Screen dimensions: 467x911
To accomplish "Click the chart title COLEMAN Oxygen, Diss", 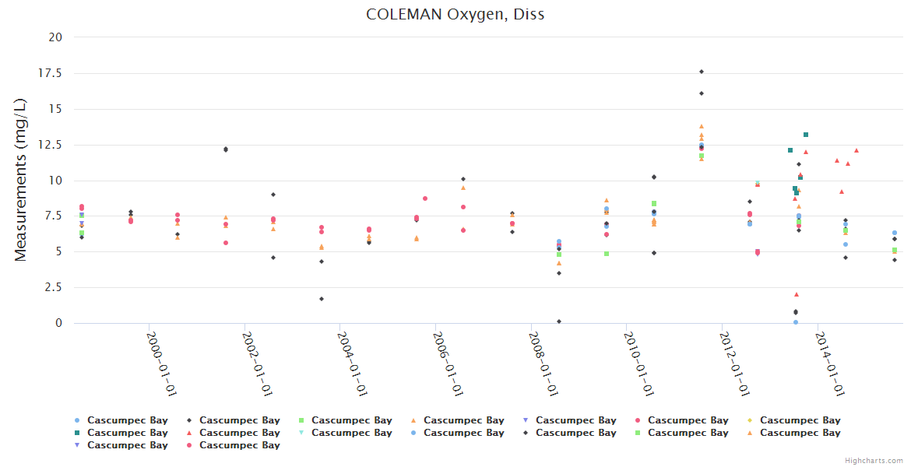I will [x=455, y=15].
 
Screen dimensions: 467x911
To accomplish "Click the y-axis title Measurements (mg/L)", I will [x=22, y=180].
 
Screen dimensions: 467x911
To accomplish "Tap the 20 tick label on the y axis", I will [x=55, y=37].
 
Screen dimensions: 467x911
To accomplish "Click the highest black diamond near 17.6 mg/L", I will [x=701, y=72].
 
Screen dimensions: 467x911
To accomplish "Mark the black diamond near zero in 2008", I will [x=559, y=321].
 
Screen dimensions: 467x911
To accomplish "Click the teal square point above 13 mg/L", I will [x=806, y=135].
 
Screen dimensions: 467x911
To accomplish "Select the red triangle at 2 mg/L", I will [x=797, y=294].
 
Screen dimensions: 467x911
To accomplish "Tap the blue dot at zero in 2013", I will [x=796, y=322].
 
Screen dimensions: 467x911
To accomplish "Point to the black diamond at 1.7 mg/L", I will [x=321, y=299].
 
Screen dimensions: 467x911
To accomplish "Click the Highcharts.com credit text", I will [x=874, y=461].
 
